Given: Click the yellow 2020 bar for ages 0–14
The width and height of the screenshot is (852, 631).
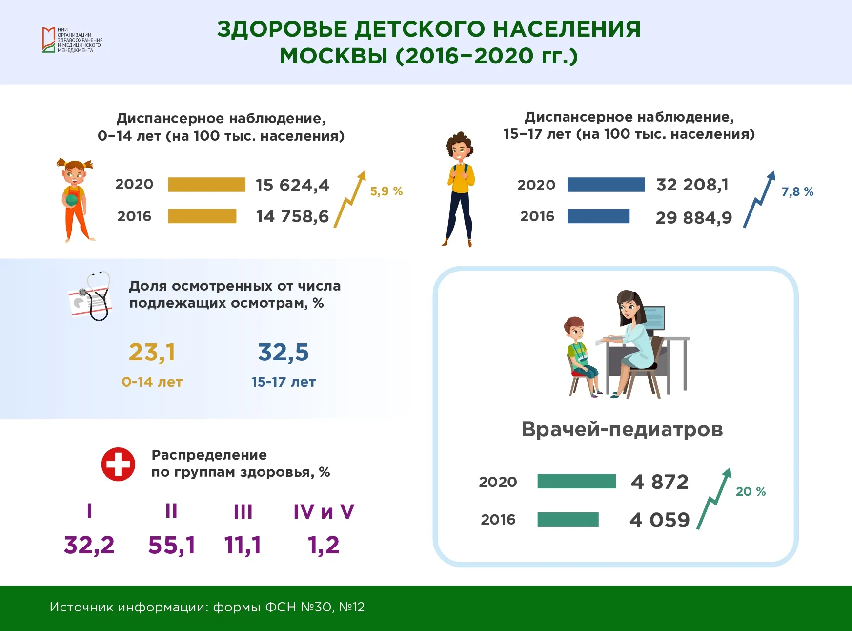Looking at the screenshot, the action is tap(206, 185).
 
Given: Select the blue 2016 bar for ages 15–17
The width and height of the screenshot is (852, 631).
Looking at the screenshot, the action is tap(598, 216).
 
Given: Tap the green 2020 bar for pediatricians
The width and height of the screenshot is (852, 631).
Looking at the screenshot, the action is tap(576, 481).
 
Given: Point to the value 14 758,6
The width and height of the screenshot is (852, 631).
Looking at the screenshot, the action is tap(292, 216).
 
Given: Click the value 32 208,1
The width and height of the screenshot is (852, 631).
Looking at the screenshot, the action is tap(692, 185).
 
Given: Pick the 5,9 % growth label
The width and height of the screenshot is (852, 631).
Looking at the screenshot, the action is tap(386, 191).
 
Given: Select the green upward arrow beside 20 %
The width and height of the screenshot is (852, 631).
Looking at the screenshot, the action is tap(714, 499).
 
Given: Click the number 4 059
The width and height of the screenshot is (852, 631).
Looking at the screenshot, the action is tap(659, 520).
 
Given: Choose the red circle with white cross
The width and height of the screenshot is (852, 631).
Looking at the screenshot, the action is tap(118, 464).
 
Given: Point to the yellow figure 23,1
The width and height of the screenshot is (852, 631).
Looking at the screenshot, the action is tap(152, 352).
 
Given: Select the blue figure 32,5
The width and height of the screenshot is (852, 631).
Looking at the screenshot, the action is tap(284, 352).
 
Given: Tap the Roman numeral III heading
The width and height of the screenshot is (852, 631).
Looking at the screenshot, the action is tap(243, 512).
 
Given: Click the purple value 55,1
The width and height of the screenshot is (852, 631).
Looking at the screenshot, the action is tap(172, 545).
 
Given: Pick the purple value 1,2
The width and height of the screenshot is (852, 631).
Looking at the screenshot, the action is tap(324, 545).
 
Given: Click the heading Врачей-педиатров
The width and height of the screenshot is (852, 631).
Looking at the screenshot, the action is tap(622, 429).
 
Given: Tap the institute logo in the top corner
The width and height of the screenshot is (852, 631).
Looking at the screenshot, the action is tap(72, 40).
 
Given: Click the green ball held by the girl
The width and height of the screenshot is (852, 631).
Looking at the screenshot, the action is tap(72, 199).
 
